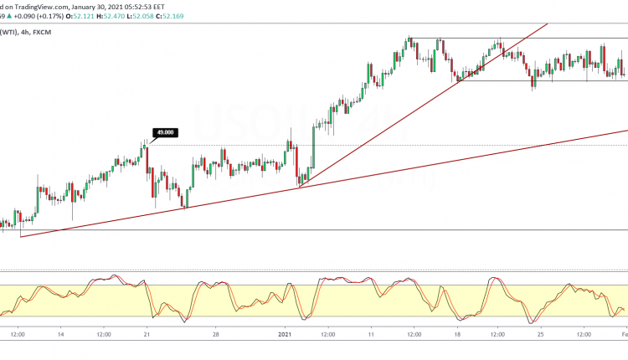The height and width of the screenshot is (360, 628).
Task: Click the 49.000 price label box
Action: point(163,131)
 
